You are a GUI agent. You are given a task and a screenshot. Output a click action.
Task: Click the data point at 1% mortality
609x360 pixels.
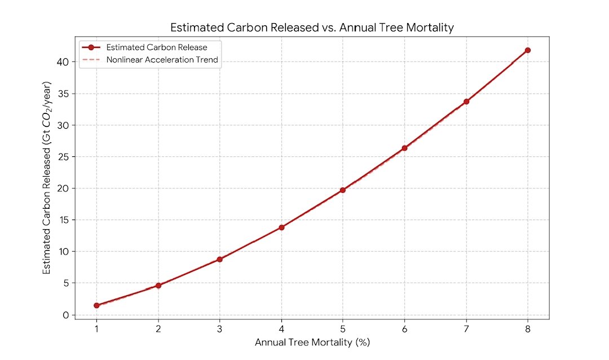96,305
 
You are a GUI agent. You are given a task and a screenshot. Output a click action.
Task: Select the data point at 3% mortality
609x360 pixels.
219,259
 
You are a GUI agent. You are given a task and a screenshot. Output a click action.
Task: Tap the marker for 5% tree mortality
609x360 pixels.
343,190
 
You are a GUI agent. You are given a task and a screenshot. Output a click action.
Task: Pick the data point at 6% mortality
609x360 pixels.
404,148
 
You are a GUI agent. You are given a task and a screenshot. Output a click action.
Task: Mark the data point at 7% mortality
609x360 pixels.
466,102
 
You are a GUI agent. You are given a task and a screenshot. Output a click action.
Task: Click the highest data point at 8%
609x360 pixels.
528,50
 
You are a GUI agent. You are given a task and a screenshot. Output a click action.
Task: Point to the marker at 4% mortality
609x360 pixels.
281,227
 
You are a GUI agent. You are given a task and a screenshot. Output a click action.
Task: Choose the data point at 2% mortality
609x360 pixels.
158,286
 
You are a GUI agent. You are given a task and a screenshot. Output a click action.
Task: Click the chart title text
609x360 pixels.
312,28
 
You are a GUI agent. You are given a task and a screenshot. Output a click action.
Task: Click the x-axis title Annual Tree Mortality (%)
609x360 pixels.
312,343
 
